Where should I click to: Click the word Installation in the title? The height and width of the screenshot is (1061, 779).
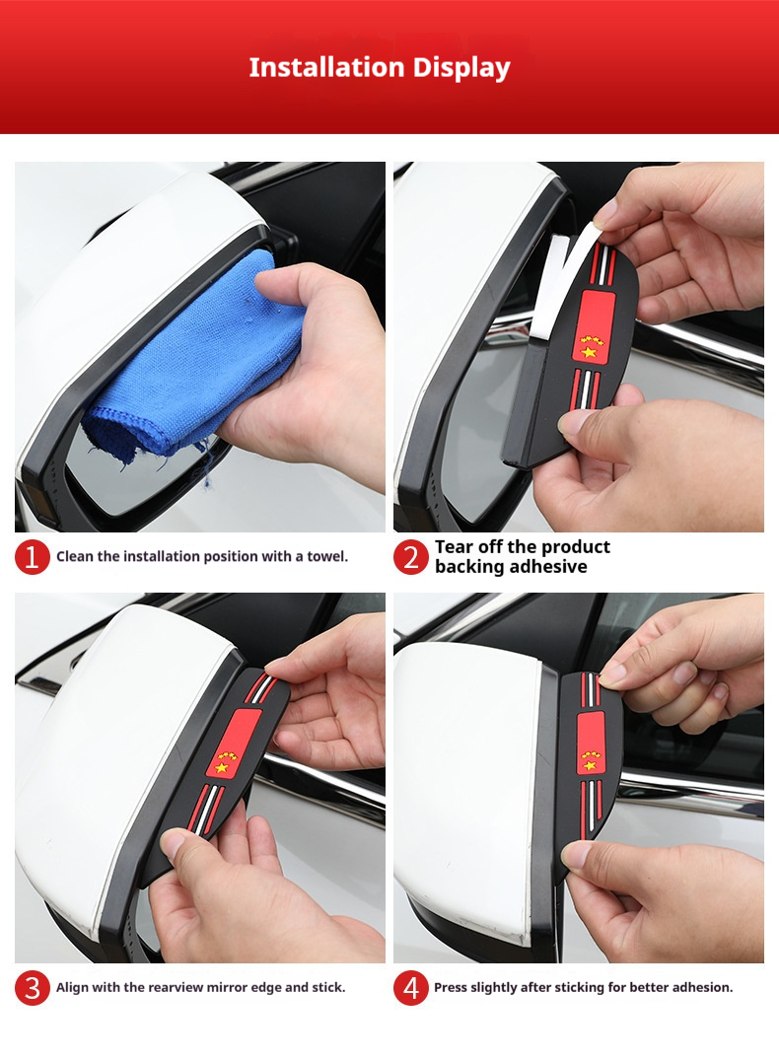pos(326,67)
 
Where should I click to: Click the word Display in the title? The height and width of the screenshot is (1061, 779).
pos(461,69)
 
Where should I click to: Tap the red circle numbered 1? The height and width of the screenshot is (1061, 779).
pos(32,557)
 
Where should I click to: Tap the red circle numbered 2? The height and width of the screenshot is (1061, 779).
pos(411,557)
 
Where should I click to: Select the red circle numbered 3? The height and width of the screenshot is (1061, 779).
pos(32,988)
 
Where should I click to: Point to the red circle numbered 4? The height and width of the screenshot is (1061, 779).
pos(411,988)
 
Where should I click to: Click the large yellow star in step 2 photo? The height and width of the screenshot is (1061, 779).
pos(588,352)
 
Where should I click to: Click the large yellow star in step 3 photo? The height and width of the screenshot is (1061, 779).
pos(221,767)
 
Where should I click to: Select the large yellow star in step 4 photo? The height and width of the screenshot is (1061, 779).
pos(590,765)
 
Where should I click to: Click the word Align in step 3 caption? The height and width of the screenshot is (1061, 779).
pos(72,988)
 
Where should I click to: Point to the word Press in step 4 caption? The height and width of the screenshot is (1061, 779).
pos(450,987)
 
